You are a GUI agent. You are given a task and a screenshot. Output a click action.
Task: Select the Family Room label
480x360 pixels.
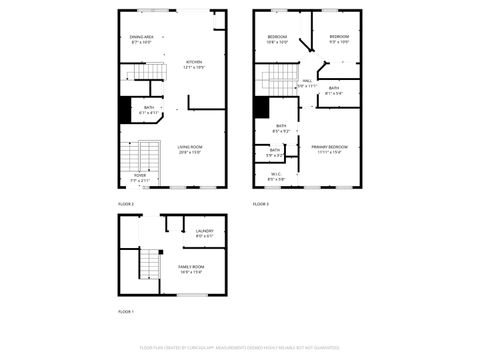191,268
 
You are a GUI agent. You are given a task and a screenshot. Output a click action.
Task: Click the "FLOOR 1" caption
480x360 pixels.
126,312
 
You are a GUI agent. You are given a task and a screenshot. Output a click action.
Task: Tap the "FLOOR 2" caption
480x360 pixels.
126,204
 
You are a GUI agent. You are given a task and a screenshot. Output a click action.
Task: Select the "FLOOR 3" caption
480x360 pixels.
261,204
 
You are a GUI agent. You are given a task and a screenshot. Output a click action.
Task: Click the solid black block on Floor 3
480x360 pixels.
261,108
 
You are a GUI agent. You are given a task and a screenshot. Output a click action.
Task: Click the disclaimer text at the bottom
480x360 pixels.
239,347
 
